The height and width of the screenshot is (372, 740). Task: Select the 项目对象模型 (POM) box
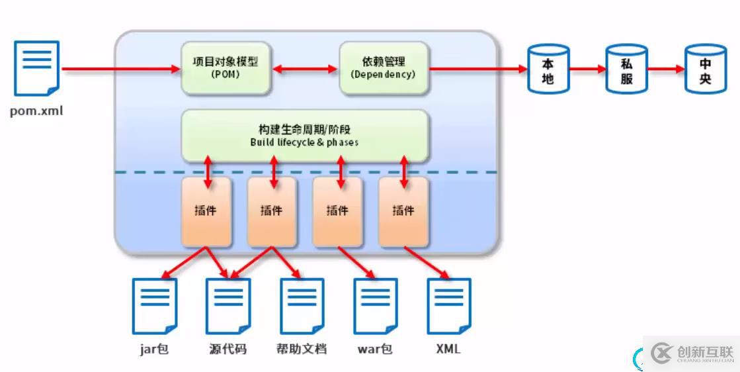[226, 68]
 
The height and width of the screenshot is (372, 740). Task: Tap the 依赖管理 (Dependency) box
[383, 68]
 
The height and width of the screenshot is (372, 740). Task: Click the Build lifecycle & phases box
[304, 136]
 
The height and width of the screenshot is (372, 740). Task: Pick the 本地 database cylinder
[548, 70]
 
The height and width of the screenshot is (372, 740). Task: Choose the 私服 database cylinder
[627, 70]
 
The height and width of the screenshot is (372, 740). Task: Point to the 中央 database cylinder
[705, 70]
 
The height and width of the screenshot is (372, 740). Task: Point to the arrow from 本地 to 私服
[587, 69]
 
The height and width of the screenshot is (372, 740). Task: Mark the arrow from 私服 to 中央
[666, 69]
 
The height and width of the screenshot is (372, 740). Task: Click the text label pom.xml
[36, 111]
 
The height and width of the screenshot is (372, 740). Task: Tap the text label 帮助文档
[302, 349]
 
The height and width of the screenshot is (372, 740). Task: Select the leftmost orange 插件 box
[206, 211]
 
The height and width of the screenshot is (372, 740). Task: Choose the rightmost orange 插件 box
[403, 211]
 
